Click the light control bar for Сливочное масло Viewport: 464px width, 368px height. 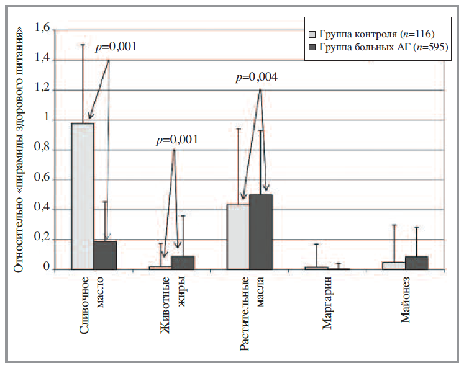(x=83, y=196)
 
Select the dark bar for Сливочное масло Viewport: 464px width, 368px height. (x=106, y=255)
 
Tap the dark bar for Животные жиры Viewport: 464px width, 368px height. (x=183, y=263)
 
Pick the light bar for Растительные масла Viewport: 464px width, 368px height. (x=238, y=236)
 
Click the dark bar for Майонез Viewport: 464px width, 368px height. (x=416, y=263)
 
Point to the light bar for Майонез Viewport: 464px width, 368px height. (x=394, y=266)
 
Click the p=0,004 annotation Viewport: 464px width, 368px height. (x=257, y=78)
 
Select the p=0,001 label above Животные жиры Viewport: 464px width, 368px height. (x=177, y=140)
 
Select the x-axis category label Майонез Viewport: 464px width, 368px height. (x=405, y=302)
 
